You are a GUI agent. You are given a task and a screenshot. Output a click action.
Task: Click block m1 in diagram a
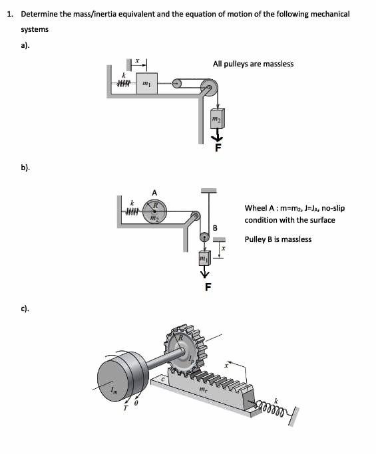[x=146, y=83]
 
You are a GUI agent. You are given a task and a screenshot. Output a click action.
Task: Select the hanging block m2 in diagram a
[x=218, y=118]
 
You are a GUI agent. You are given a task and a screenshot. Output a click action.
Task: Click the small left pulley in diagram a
[x=176, y=83]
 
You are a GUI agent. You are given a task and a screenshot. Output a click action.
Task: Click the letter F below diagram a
[x=218, y=148]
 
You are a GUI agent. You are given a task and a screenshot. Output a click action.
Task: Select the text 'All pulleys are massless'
[x=253, y=64]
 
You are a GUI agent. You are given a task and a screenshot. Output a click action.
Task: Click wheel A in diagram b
[x=155, y=211]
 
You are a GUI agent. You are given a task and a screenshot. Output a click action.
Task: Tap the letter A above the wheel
[x=154, y=193]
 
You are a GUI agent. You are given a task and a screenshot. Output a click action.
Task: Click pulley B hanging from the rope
[x=204, y=237]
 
